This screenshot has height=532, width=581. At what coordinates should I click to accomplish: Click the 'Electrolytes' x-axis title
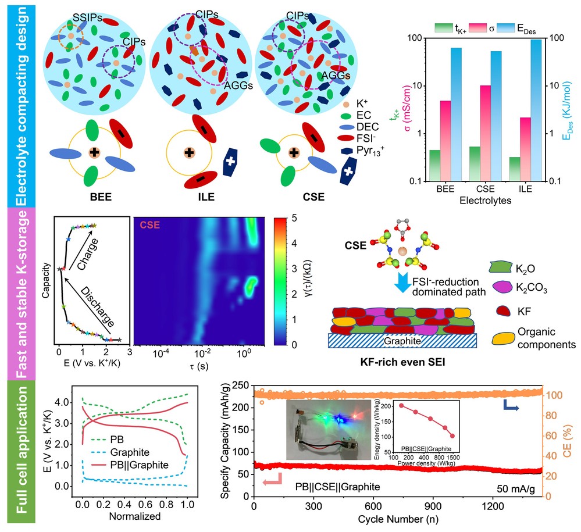tap(486, 201)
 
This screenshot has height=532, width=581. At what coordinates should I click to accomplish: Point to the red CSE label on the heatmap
tap(149, 224)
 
